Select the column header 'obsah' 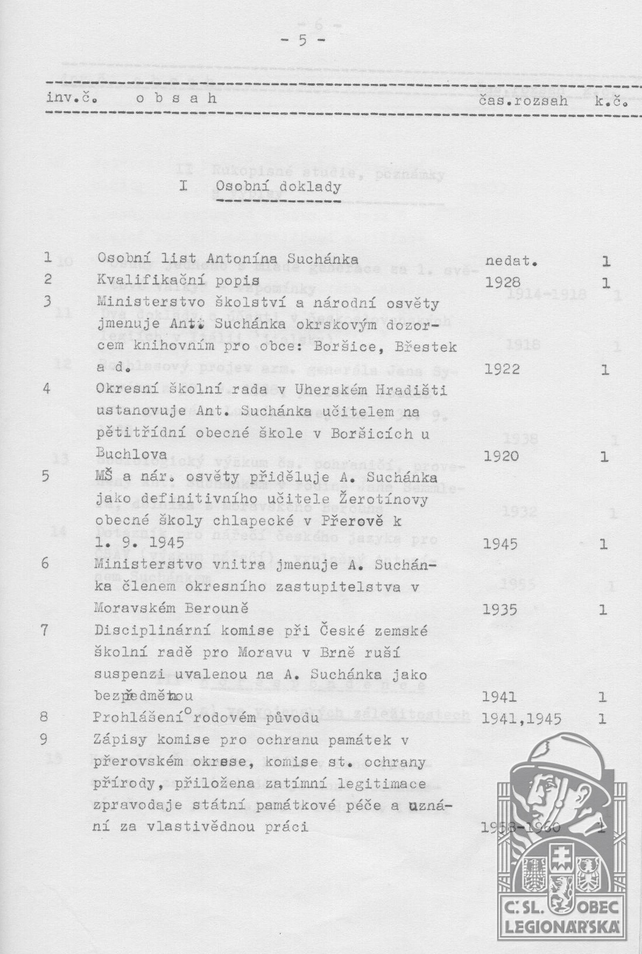[176, 99]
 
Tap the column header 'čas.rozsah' [522, 100]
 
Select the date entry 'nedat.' [510, 261]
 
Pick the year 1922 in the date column [502, 369]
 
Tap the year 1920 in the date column [501, 456]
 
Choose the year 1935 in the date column [501, 610]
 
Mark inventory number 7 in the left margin [45, 630]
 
